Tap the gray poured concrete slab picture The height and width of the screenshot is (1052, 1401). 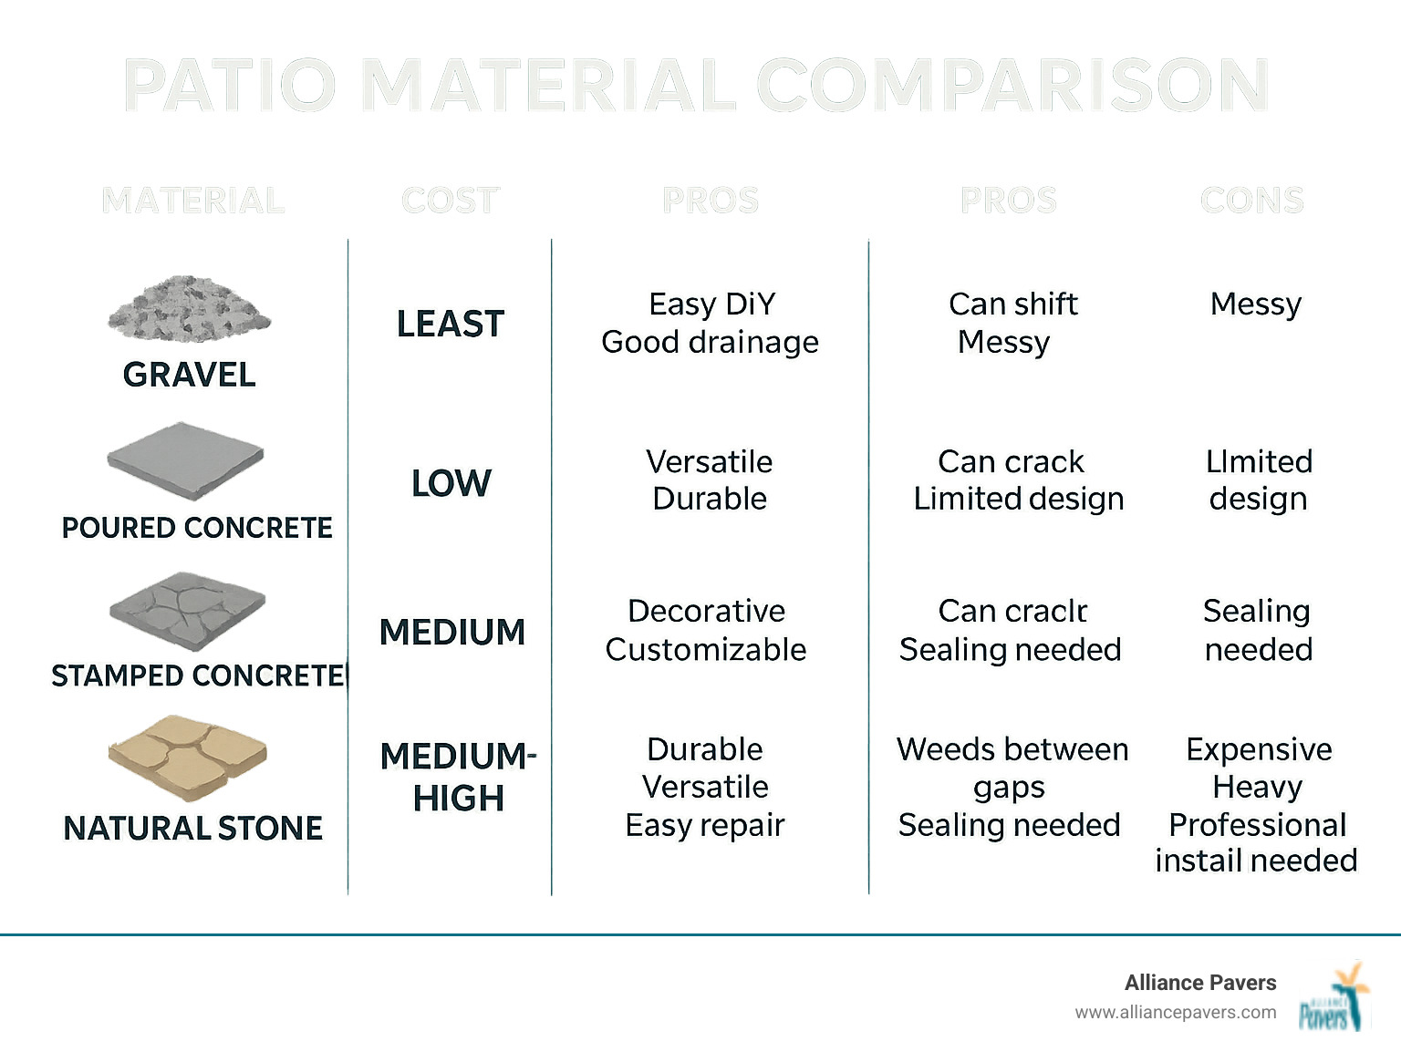185,459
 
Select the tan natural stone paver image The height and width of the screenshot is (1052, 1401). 188,758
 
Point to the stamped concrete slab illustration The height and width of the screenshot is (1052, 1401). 187,611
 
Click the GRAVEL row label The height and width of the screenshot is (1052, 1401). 189,375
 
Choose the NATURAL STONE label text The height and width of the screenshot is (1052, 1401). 192,828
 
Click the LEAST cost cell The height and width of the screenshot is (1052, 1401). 450,325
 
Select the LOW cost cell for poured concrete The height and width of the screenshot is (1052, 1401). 451,483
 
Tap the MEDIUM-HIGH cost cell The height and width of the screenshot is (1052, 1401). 458,777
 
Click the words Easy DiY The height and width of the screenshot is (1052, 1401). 711,304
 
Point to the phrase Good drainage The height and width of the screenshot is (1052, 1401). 710,342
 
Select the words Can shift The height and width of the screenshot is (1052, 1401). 1012,304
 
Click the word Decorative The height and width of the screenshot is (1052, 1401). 706,611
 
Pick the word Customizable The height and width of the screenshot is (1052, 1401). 705,649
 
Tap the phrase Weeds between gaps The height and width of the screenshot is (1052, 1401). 1012,768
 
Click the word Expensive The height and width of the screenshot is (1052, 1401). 1259,749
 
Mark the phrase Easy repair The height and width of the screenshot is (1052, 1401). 704,825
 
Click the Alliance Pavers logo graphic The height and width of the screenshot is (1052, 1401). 1334,997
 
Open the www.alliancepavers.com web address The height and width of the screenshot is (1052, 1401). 1175,1012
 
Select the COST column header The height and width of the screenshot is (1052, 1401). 450,201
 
